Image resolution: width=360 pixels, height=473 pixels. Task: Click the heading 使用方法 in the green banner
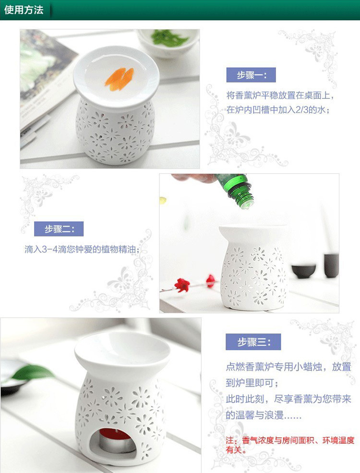[24, 10]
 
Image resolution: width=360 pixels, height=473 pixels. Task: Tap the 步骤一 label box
[251, 75]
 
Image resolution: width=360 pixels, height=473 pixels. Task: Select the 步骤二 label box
[59, 229]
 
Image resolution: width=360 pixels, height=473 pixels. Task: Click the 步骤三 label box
[253, 342]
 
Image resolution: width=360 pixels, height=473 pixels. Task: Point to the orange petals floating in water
[120, 79]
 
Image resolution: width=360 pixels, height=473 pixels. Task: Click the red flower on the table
[182, 284]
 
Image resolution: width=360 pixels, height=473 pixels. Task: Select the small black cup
[303, 271]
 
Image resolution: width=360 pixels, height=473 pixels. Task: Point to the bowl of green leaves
[168, 41]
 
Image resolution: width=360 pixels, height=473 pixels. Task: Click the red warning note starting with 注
[290, 445]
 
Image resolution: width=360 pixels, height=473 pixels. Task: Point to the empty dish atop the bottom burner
[122, 348]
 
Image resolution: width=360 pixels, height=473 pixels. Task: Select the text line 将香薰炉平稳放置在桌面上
[280, 95]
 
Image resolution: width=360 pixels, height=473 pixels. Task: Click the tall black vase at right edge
[331, 265]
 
